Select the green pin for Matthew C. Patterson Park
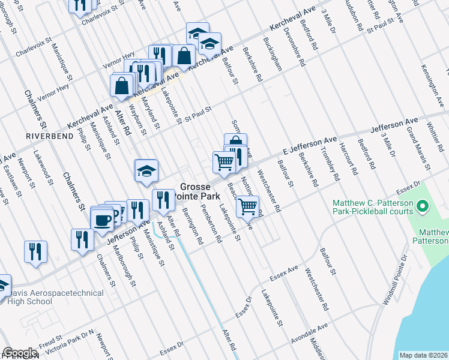click(x=422, y=208)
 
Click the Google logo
click(x=20, y=353)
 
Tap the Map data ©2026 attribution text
click(x=424, y=355)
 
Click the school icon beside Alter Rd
click(x=146, y=172)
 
